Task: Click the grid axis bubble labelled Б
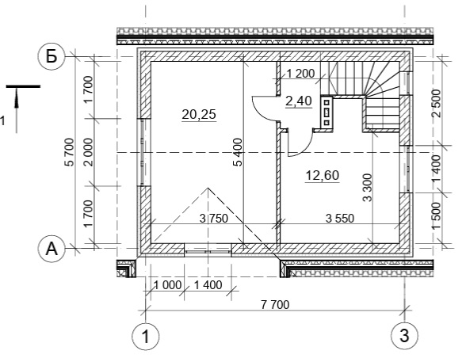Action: pos(52,56)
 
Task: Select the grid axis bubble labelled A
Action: pos(52,248)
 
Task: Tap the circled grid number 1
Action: pos(145,337)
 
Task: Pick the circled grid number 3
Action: pos(404,336)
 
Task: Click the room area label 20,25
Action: pos(199,114)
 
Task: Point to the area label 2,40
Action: pos(298,101)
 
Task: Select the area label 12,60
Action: pos(323,175)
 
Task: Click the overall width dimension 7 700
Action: pos(275,304)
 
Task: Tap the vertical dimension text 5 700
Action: pos(70,152)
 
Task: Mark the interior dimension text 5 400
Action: pos(239,152)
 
